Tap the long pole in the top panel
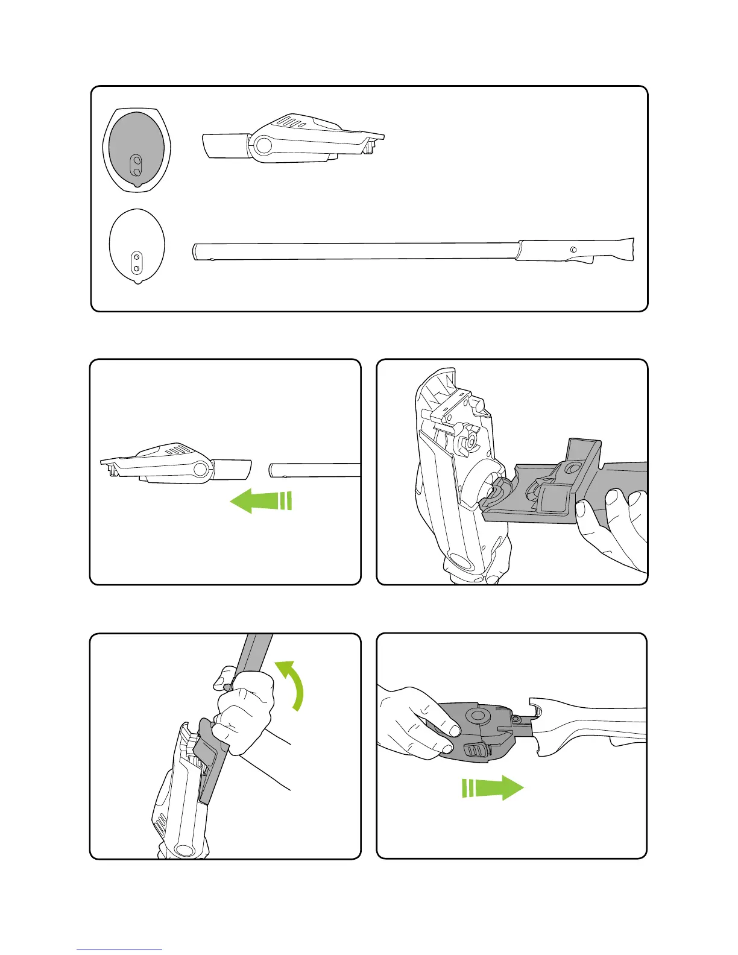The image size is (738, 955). click(356, 251)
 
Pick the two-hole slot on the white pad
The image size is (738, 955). click(137, 261)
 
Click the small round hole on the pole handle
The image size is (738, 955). click(573, 249)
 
